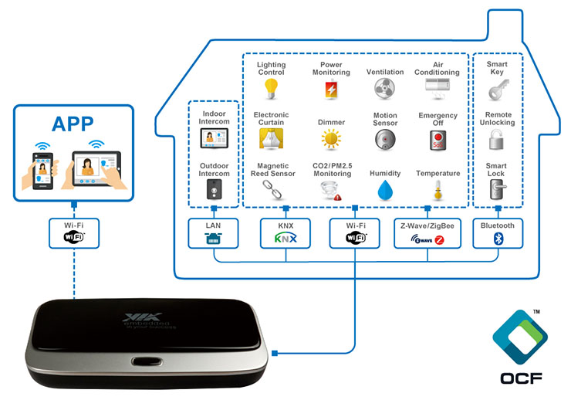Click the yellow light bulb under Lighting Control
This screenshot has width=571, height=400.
tap(271, 90)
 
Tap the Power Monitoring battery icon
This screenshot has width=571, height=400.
tap(331, 90)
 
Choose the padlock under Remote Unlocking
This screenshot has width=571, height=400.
tap(496, 140)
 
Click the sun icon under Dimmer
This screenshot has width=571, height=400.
tap(331, 140)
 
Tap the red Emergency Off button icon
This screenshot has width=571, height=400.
tap(438, 140)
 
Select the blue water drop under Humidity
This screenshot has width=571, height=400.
tap(384, 190)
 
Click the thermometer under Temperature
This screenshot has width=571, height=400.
tap(438, 190)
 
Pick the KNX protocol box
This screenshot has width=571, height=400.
tap(285, 233)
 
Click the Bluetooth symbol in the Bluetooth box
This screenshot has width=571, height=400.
tap(497, 239)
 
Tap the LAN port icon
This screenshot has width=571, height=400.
tap(213, 239)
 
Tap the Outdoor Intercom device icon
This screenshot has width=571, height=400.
tap(214, 190)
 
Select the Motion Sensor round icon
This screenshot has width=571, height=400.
tap(384, 140)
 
